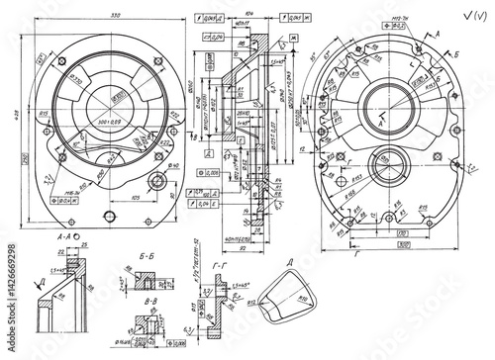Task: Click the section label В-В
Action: click(148, 304)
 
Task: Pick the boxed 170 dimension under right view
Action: click(377, 237)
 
